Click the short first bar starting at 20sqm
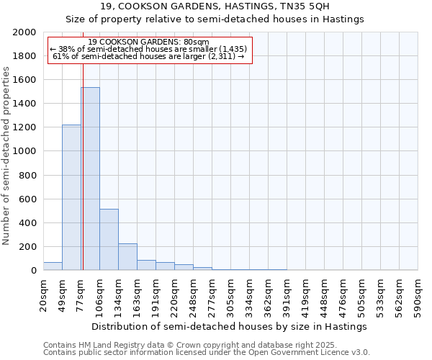click(x=53, y=266)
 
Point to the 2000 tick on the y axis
click(x=25, y=32)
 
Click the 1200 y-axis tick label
click(x=25, y=127)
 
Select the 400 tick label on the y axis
click(x=28, y=223)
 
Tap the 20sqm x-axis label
click(x=44, y=295)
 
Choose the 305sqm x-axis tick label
click(x=231, y=297)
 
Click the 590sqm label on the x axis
click(x=418, y=297)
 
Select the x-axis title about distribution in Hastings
click(x=230, y=326)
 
